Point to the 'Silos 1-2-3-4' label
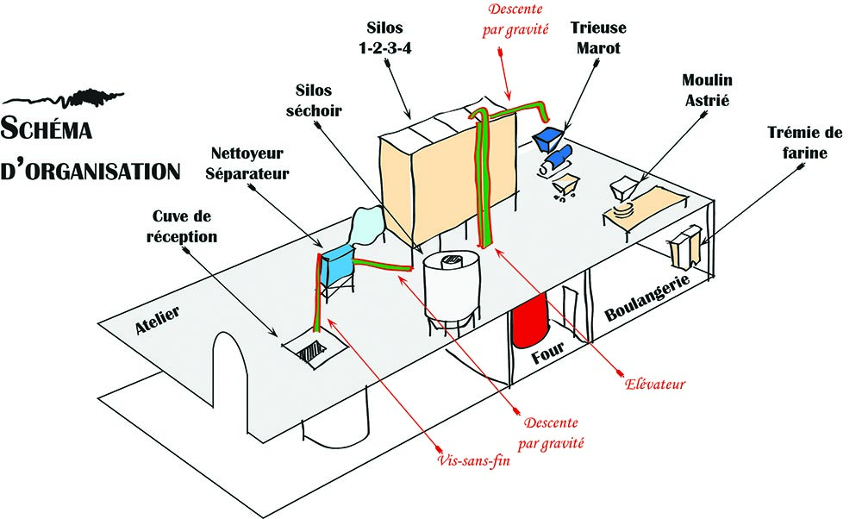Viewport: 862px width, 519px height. (385, 39)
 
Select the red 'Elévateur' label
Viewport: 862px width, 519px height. (654, 383)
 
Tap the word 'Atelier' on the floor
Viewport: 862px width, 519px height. (156, 323)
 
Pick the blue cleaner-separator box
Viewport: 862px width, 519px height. (337, 263)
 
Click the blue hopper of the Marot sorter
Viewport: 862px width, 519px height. (547, 136)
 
